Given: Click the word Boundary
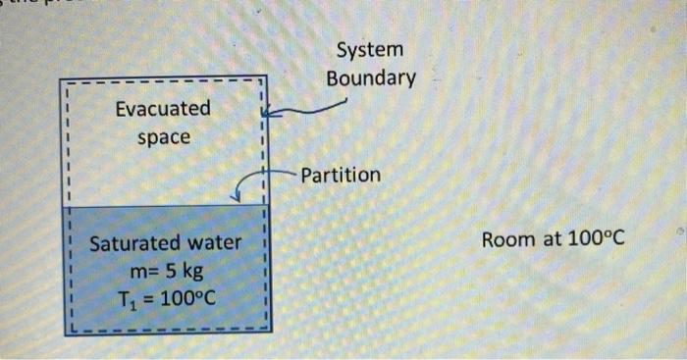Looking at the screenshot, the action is [x=371, y=77].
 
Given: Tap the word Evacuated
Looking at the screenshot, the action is [x=162, y=109].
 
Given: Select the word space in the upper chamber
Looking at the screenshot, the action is [x=163, y=136].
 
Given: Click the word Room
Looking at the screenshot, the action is [x=506, y=238].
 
